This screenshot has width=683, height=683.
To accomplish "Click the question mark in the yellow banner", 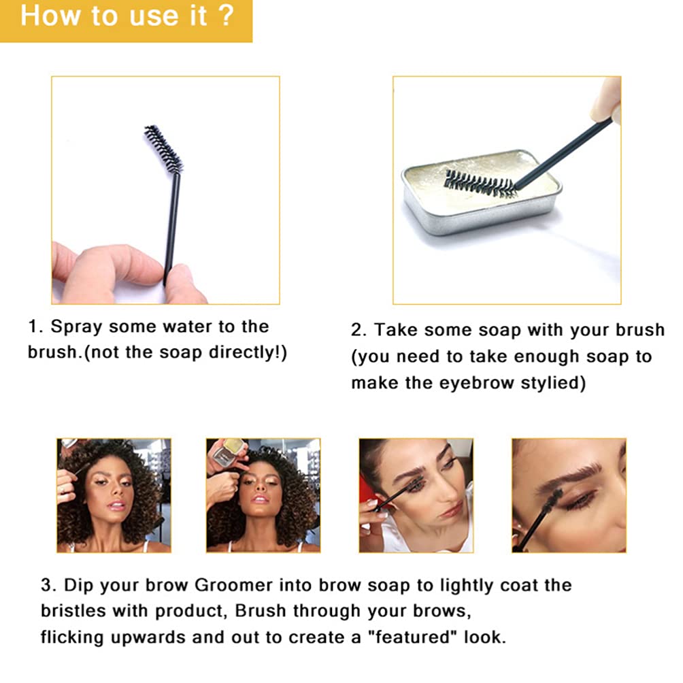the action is (227, 16).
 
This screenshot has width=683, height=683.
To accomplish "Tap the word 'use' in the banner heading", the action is (154, 18).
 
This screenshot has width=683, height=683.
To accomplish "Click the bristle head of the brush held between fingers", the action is (163, 149).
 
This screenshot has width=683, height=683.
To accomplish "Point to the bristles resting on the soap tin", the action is (479, 184).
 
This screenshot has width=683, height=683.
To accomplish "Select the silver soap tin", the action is (482, 192).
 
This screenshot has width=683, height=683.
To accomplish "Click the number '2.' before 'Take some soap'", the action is (359, 330).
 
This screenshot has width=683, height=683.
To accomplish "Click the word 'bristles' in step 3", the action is (73, 611).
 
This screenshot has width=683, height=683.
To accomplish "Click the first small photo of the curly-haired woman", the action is (114, 496).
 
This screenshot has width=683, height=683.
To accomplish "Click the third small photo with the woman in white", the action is (416, 496).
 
